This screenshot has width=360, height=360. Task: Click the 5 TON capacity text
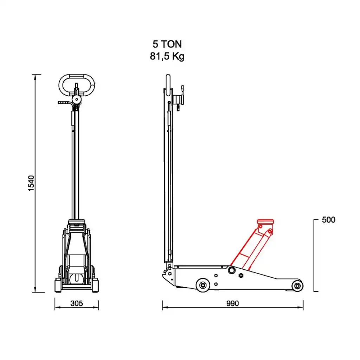click(167, 44)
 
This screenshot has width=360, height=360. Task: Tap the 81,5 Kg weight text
click(167, 57)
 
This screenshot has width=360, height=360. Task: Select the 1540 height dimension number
click(31, 183)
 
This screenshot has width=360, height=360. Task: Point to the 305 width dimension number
click(76, 303)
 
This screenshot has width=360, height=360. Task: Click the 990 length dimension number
click(233, 303)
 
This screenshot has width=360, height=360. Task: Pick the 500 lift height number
click(329, 220)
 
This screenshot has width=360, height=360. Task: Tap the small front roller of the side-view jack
click(297, 286)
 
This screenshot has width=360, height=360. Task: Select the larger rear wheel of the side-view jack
click(203, 285)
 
